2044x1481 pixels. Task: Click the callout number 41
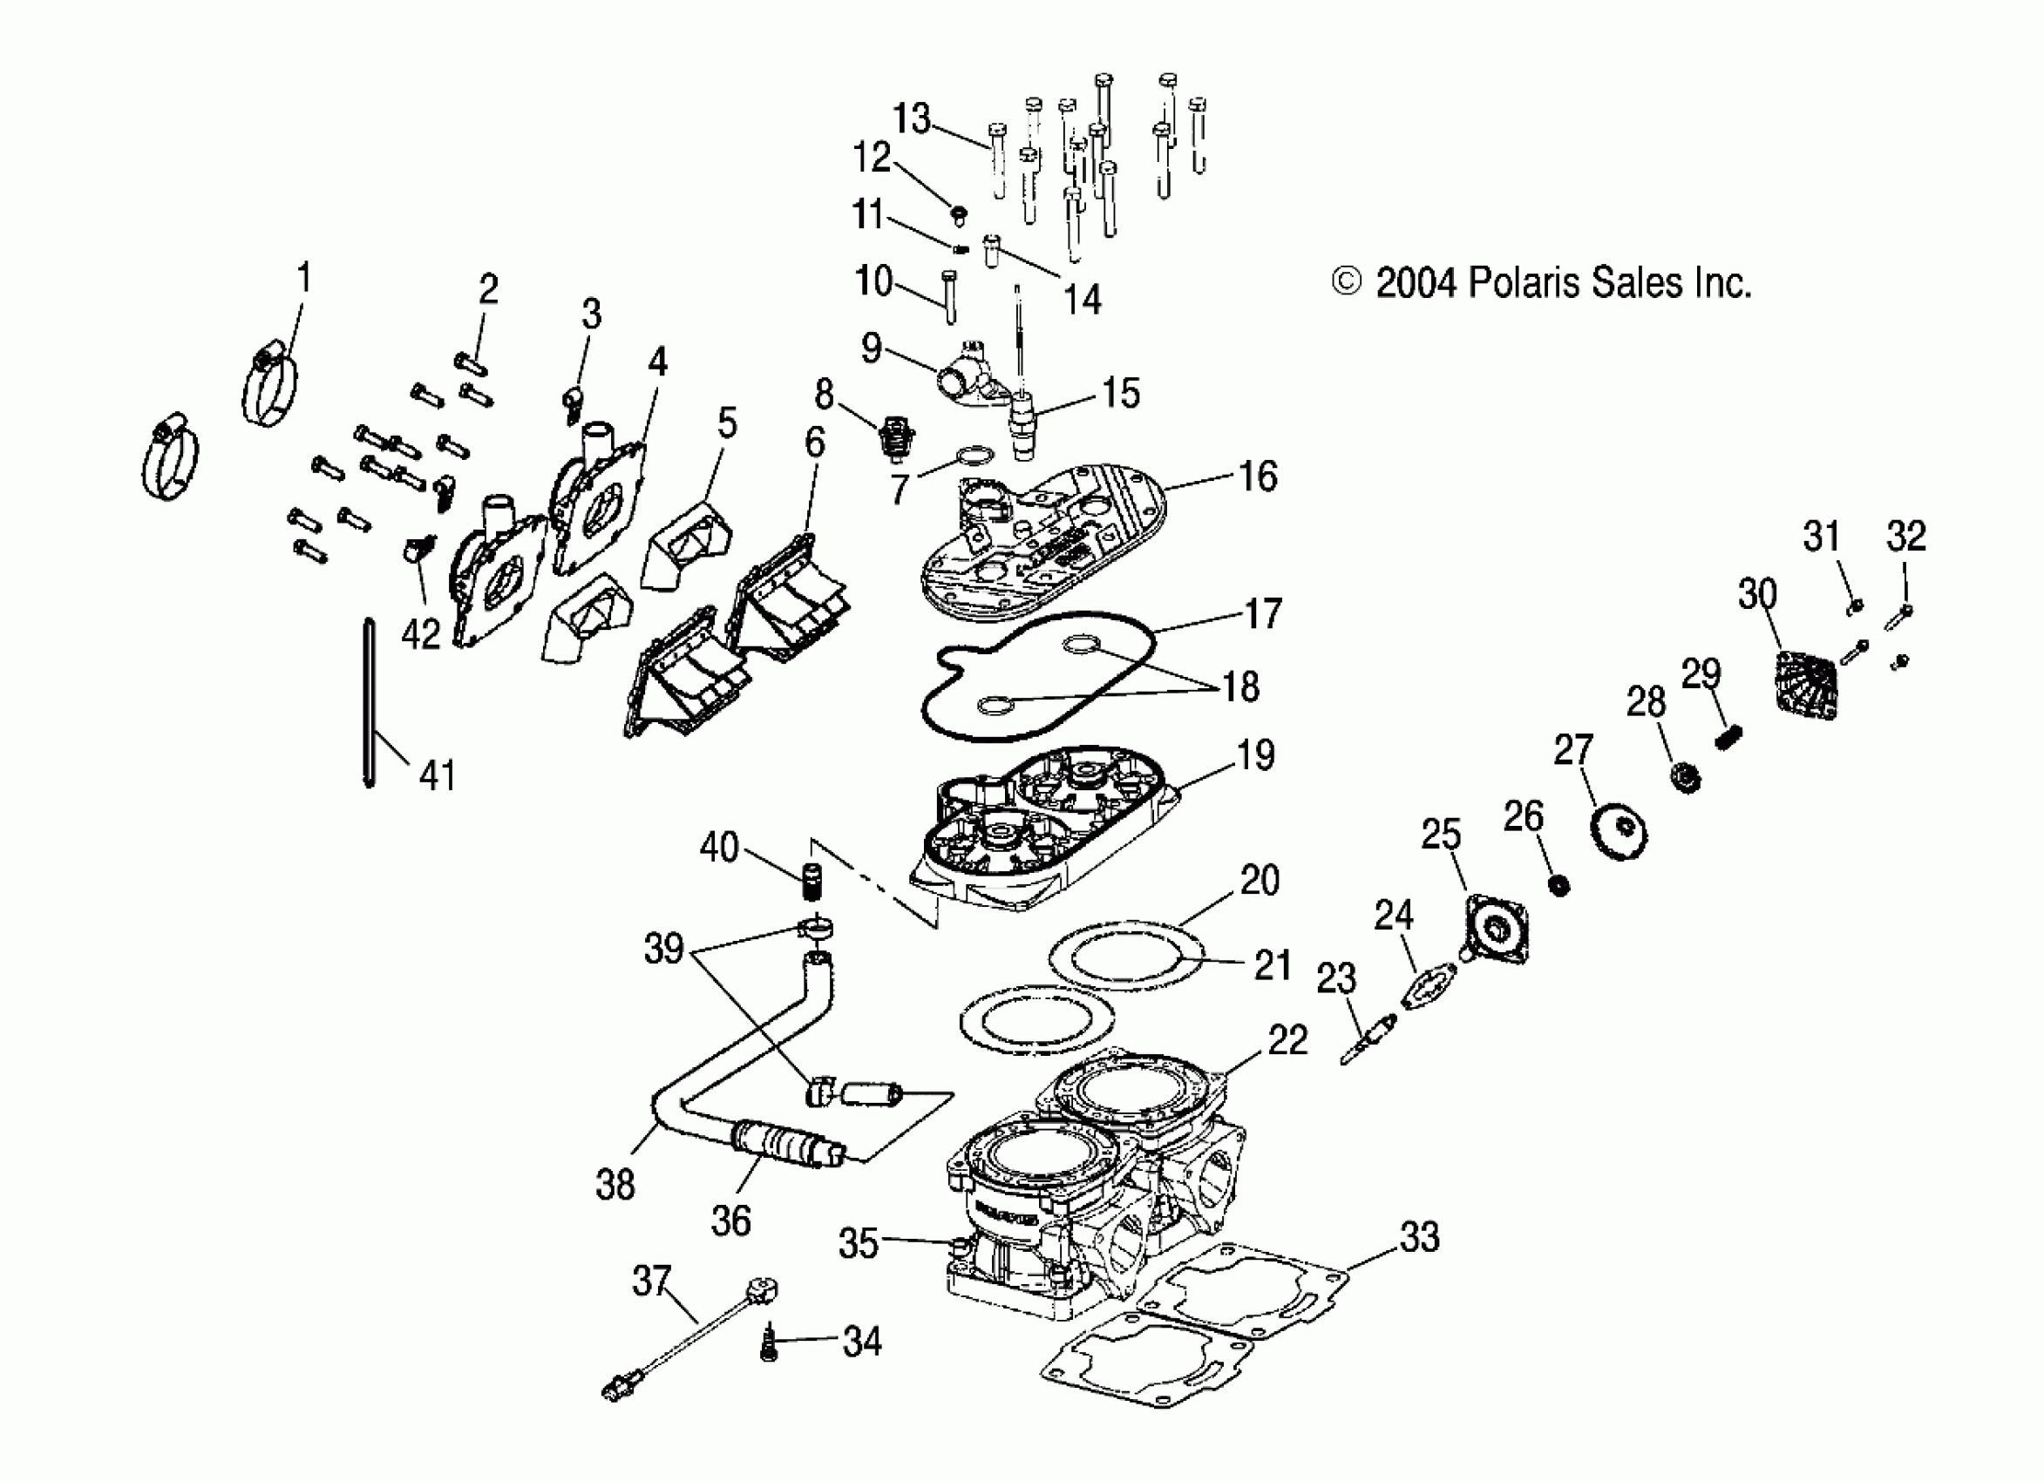[438, 775]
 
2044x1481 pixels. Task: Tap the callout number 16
[1258, 477]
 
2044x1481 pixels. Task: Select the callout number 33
[1419, 1237]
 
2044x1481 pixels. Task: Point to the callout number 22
[1287, 1040]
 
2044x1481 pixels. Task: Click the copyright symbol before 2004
[1346, 283]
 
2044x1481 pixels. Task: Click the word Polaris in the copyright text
[1524, 283]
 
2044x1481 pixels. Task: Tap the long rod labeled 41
[369, 703]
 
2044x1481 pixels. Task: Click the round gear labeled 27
[1620, 834]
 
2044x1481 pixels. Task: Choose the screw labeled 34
[769, 1343]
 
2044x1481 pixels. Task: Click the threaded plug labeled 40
[815, 879]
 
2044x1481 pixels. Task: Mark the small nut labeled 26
[1558, 885]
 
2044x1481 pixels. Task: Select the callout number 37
[652, 1280]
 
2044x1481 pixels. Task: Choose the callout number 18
[1241, 687]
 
